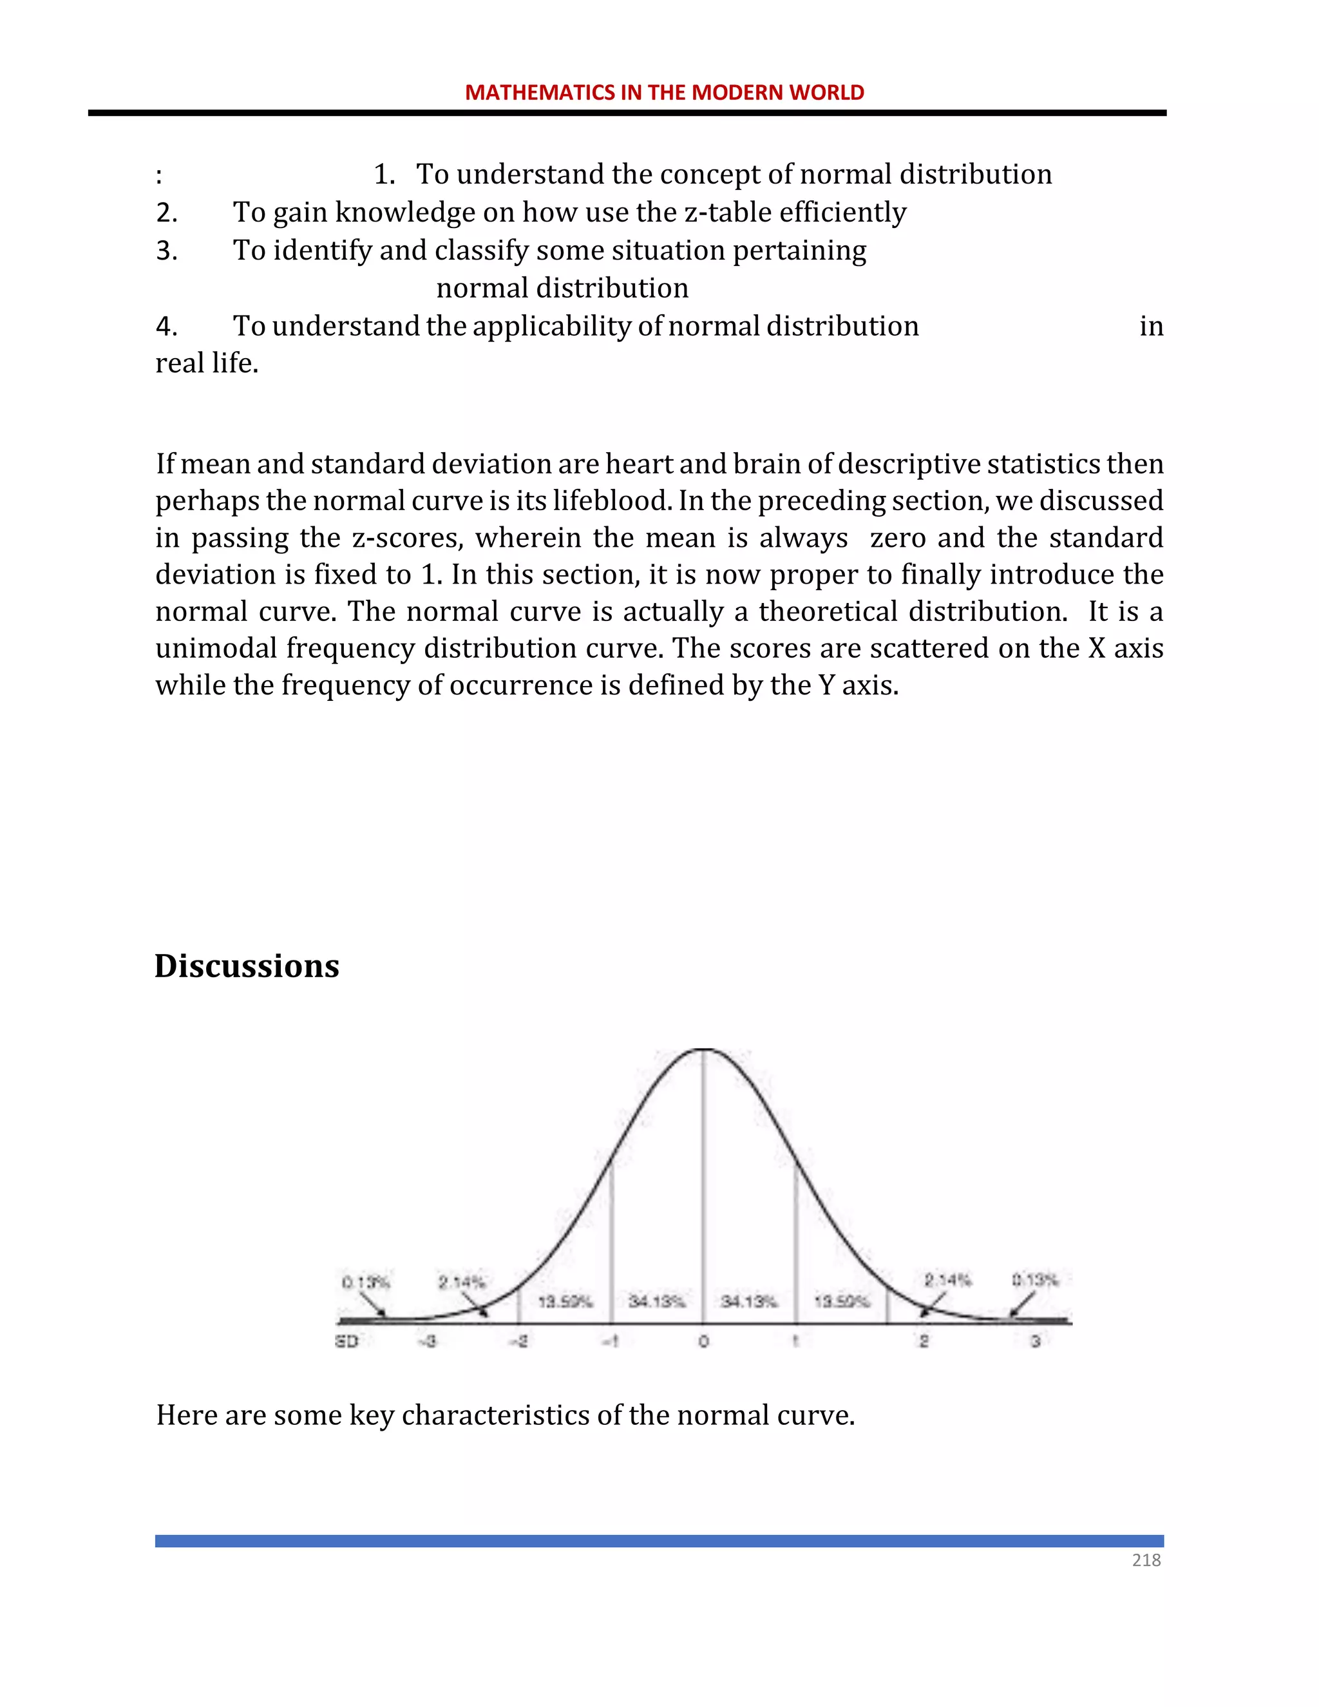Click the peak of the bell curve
tap(704, 1051)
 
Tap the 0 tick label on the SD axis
tap(703, 1341)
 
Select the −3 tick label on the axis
tap(428, 1341)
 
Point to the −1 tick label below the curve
tap(611, 1341)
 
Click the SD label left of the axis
tap(346, 1341)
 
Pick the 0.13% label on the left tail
tap(365, 1283)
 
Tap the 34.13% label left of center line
tap(656, 1301)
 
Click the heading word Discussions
tap(247, 966)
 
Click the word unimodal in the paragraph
tap(216, 648)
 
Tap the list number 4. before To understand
tap(166, 326)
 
